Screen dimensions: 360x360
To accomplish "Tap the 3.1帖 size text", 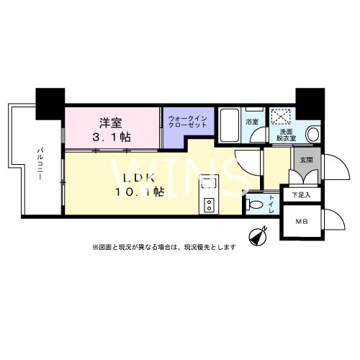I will click(x=110, y=136).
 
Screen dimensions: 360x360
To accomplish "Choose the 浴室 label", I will click(x=252, y=122).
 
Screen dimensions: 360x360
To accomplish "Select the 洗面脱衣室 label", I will click(x=286, y=135).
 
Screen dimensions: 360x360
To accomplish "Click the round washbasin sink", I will click(x=312, y=135).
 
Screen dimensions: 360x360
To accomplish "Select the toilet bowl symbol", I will click(x=256, y=205).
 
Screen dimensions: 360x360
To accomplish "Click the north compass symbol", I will click(x=258, y=235).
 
